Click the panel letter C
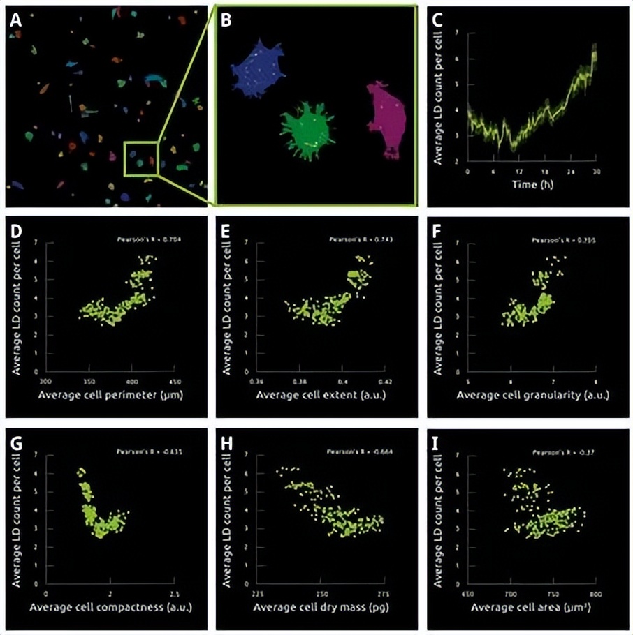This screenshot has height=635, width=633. point(438,20)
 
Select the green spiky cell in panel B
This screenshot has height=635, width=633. point(306,125)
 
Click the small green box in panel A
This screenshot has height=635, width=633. point(142,158)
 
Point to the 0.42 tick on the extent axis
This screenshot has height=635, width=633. point(385,382)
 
